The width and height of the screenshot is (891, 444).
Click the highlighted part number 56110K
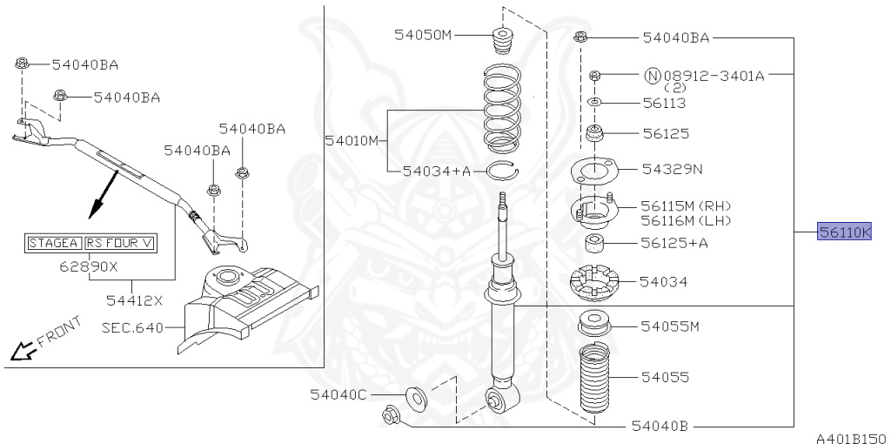click(x=843, y=232)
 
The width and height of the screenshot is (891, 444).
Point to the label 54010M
click(x=352, y=140)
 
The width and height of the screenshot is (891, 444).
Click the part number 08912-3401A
click(x=713, y=76)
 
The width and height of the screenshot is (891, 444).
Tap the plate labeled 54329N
click(x=592, y=171)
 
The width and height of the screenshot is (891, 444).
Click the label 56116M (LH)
click(x=686, y=220)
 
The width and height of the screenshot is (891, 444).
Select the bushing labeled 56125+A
click(x=595, y=243)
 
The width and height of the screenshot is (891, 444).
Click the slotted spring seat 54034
click(x=594, y=282)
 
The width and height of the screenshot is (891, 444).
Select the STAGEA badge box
click(x=53, y=242)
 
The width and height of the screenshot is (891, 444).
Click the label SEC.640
click(x=130, y=329)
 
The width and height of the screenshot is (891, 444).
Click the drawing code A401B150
click(x=850, y=438)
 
